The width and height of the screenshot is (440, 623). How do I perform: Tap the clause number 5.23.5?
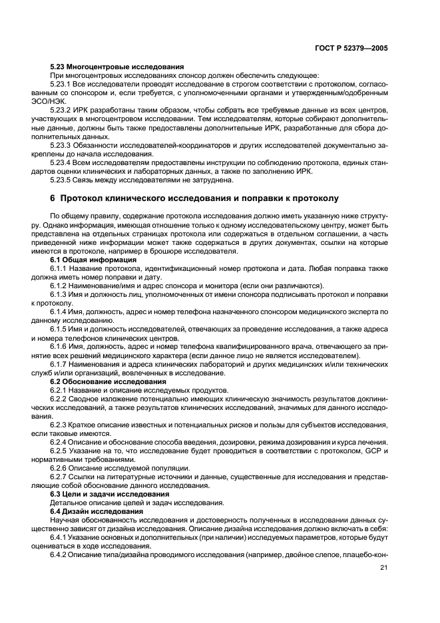(63, 180)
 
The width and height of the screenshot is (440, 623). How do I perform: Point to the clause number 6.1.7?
(60, 365)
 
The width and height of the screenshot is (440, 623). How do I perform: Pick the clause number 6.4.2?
(60, 554)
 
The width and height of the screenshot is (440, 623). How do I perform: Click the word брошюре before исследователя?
(194, 250)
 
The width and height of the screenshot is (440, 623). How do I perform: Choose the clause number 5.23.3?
(63, 144)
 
